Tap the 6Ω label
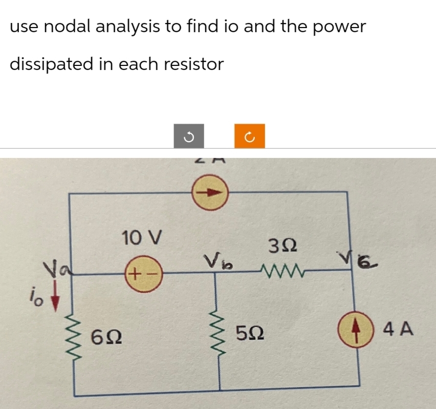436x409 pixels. (106, 337)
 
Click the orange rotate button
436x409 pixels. (250, 137)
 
